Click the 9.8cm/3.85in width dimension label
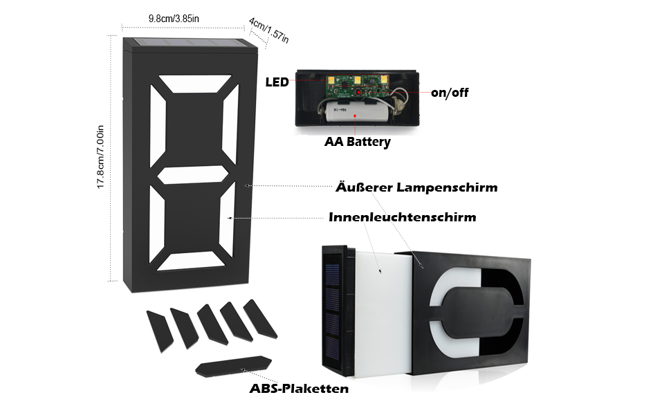174,18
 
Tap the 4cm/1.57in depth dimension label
268,30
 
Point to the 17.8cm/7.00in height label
101,156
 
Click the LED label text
277,83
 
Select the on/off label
450,92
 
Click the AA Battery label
358,142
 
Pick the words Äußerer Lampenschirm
416,187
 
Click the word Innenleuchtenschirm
402,217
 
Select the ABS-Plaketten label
299,389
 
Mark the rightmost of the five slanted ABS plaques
260,319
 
